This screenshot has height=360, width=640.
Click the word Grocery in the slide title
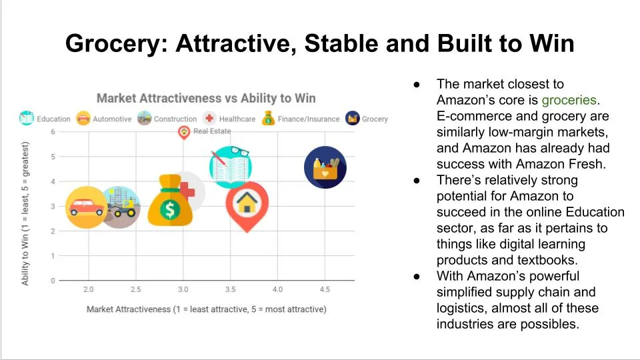[113, 44]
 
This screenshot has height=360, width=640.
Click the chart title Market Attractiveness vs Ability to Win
[206, 98]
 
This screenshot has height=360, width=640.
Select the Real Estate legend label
[211, 131]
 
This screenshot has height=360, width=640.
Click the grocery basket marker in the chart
[325, 167]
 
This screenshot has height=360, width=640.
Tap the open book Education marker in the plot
[231, 167]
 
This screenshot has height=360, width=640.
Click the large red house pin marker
[247, 205]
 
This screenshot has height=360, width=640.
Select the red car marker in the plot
[87, 207]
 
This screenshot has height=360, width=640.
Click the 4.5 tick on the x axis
[325, 289]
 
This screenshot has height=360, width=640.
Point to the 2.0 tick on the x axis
[88, 289]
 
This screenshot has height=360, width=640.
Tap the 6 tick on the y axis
[53, 132]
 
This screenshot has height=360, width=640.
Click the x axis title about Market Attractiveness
[207, 309]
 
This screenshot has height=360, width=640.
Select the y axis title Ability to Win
[25, 213]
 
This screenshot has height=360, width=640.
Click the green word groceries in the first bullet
[569, 100]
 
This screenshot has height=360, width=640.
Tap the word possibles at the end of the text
[551, 324]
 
